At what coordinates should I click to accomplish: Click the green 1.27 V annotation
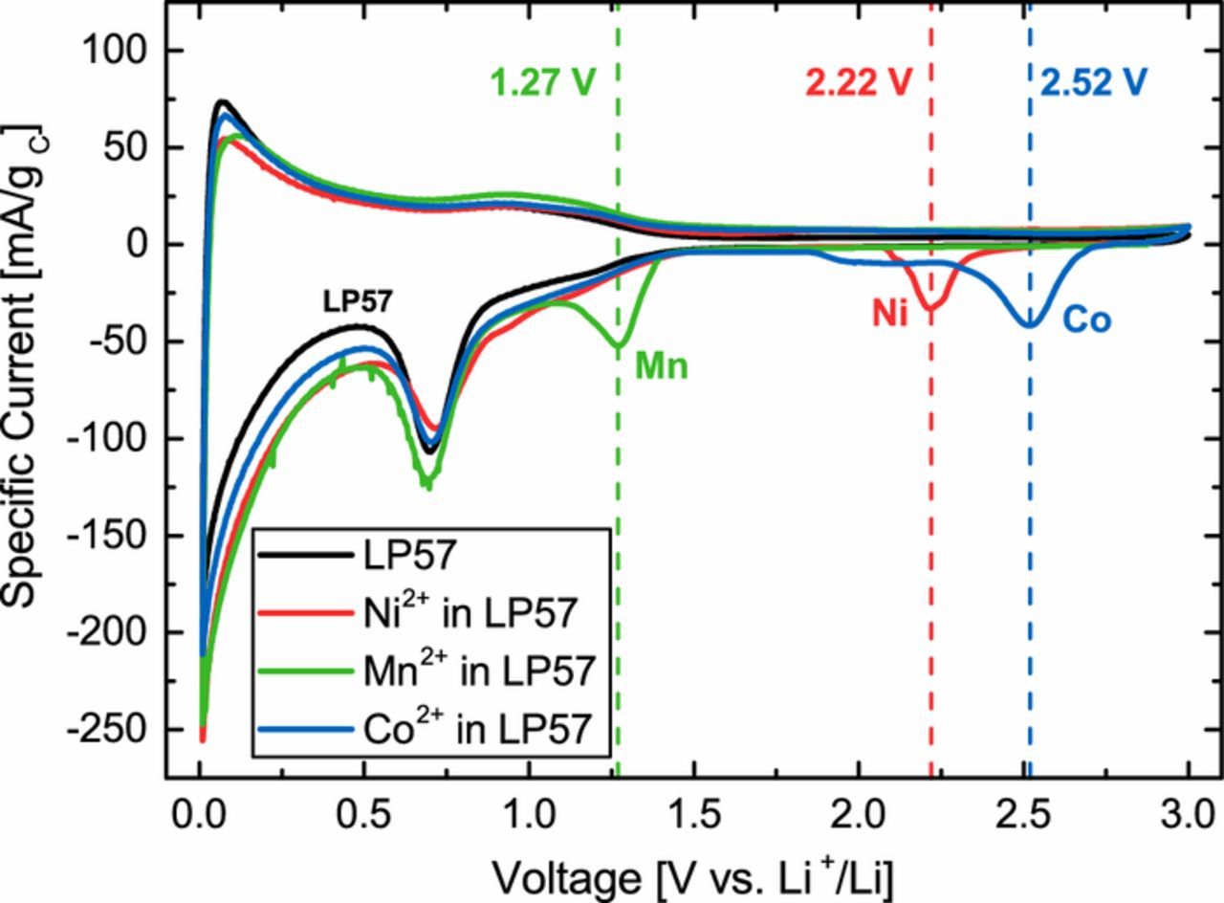542,82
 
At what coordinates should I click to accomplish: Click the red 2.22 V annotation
854,82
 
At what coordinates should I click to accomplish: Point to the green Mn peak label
661,366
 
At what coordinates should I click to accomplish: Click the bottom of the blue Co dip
1029,325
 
